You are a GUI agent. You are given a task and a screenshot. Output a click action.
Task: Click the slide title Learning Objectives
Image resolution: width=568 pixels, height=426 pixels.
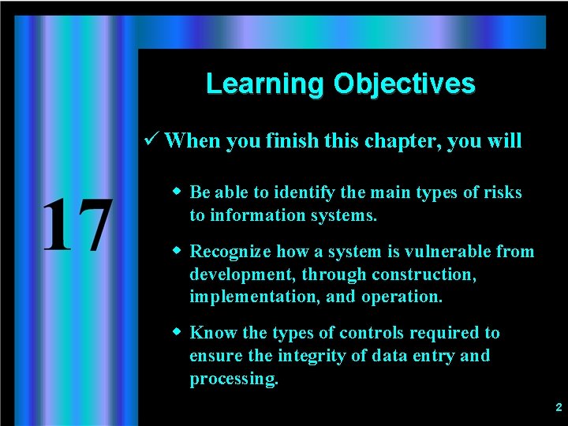click(x=340, y=84)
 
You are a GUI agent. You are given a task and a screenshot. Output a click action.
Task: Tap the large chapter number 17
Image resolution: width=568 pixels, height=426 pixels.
click(x=76, y=226)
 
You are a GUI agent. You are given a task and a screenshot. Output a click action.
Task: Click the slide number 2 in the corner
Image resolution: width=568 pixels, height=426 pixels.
click(x=559, y=408)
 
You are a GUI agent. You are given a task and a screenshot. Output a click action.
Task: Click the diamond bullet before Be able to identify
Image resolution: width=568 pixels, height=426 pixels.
click(x=177, y=192)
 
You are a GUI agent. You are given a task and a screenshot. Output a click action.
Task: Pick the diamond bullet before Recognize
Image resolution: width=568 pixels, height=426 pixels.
click(x=177, y=251)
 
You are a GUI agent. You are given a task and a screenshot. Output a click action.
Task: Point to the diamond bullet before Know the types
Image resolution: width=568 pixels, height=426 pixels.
click(x=177, y=332)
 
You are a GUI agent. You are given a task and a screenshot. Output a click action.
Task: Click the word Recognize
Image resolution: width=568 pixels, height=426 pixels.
click(x=230, y=252)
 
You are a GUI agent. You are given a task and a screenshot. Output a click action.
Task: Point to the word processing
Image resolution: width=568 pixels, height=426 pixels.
click(x=234, y=379)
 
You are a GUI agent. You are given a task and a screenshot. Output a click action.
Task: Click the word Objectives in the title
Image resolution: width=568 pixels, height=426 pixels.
click(x=404, y=84)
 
